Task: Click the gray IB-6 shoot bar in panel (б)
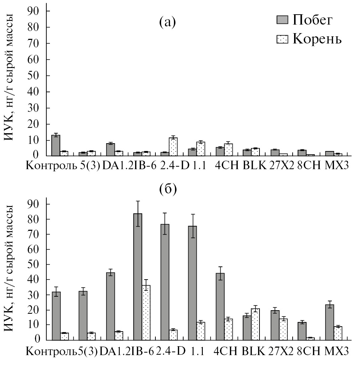click(x=138, y=276)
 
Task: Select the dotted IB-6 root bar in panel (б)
click(x=146, y=312)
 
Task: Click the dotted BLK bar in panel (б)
click(x=255, y=324)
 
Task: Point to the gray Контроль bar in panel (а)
click(x=56, y=146)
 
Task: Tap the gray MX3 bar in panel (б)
click(x=329, y=322)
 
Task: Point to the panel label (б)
click(x=168, y=189)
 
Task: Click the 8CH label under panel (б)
click(x=309, y=351)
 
